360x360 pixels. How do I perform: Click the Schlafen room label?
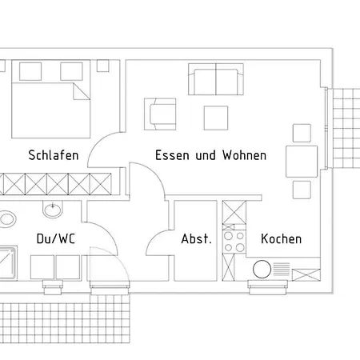(x=54, y=155)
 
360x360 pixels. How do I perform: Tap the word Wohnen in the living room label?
(x=245, y=155)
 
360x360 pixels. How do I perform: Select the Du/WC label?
(x=56, y=238)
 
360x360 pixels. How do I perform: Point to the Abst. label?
(x=196, y=238)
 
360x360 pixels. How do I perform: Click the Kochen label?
(x=282, y=238)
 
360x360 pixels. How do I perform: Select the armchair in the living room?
(x=160, y=114)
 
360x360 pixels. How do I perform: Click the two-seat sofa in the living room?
(x=216, y=79)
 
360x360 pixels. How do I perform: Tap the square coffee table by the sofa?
(x=216, y=118)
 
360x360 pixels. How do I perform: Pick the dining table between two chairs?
(x=302, y=162)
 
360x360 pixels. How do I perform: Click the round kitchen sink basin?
(x=262, y=269)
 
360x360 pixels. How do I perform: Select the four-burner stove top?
(x=234, y=242)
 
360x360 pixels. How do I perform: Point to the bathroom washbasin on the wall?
(x=53, y=210)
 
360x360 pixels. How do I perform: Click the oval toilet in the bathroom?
(x=7, y=219)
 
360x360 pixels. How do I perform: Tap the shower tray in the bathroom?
(x=8, y=263)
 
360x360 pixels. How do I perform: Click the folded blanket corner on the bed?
(x=82, y=91)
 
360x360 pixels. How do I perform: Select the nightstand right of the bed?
(x=102, y=66)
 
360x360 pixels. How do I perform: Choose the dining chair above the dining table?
(x=302, y=133)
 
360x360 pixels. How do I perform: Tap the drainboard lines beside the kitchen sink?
(x=282, y=269)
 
